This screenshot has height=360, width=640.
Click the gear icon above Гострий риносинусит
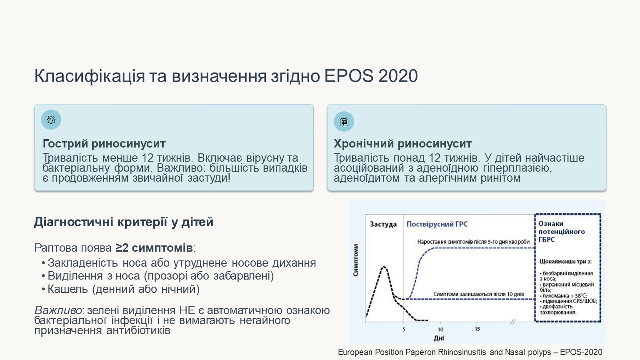coord(51,120)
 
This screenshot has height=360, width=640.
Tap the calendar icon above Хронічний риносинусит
coord(344,122)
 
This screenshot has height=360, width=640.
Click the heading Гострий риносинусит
coord(104,144)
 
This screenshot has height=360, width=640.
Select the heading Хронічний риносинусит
coord(402,144)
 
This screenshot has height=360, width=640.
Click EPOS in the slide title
coord(349,76)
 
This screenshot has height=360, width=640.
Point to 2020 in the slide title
coord(398,76)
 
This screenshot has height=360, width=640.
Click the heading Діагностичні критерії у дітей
coord(124,222)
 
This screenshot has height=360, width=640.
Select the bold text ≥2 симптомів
coord(154,248)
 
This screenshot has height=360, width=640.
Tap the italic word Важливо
coord(58,310)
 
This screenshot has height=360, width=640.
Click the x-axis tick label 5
coord(404,330)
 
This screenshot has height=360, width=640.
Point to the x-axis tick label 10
coord(440,330)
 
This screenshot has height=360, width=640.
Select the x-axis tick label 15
coord(477,329)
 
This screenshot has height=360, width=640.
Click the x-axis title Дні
coord(439,339)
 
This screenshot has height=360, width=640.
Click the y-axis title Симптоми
coord(356,260)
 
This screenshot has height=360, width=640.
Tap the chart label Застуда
coord(383,224)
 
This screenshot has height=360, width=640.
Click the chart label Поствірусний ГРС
coord(437,224)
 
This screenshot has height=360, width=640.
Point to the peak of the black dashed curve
coord(384,267)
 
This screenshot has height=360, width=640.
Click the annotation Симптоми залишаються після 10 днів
coord(479,294)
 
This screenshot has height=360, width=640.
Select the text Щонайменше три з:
coord(565,261)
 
